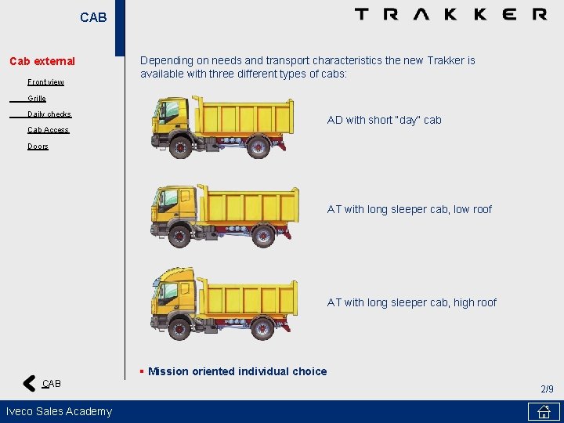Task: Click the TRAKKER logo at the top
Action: click(x=450, y=14)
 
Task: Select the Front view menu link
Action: click(x=45, y=82)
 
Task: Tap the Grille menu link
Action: click(x=37, y=99)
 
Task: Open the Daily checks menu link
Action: click(x=49, y=114)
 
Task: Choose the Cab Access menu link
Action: click(x=48, y=130)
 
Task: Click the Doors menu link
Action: click(x=38, y=146)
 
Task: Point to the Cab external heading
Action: click(x=42, y=61)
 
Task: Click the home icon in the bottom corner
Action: click(x=543, y=411)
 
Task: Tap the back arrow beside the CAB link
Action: click(x=29, y=383)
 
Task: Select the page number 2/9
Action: click(x=547, y=389)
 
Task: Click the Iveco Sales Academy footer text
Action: click(x=59, y=411)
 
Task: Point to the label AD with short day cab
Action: click(x=384, y=120)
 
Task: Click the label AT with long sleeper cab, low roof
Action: click(x=409, y=209)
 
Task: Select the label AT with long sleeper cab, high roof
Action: click(x=411, y=302)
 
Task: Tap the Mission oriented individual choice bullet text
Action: click(x=237, y=371)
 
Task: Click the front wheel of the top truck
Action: click(x=181, y=146)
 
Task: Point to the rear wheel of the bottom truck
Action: click(x=262, y=327)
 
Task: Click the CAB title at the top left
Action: click(x=93, y=17)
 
